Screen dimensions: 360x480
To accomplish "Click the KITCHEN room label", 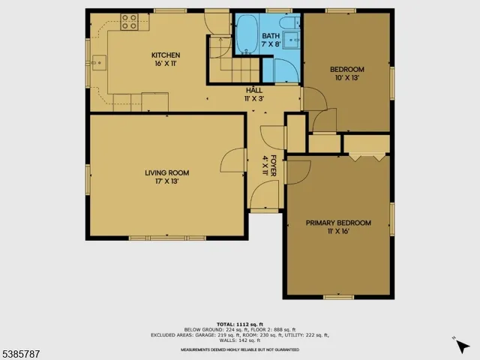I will [x=166, y=55].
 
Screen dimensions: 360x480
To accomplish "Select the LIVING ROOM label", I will [x=166, y=173].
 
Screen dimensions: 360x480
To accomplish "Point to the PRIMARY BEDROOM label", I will [x=337, y=223].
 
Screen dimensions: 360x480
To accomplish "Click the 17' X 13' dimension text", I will [x=166, y=181].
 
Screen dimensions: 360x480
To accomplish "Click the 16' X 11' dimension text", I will [x=166, y=64].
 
